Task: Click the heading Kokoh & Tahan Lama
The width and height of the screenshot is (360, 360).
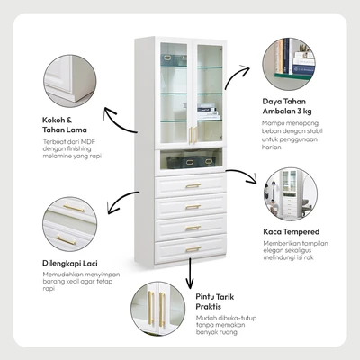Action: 65,125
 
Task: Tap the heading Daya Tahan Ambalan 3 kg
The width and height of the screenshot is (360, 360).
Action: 287,106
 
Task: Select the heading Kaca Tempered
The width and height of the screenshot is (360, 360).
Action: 292,231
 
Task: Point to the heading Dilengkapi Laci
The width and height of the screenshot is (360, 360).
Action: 70,264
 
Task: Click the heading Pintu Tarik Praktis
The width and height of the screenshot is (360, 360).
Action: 215,301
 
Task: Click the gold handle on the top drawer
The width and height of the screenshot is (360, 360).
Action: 193,186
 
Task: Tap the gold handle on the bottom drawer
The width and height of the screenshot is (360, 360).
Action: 193,249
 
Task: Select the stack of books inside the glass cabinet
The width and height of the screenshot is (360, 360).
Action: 207,112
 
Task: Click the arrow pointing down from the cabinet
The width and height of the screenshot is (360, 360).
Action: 190,273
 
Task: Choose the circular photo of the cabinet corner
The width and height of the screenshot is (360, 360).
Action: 70,81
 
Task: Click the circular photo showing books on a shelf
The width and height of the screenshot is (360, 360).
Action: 289,64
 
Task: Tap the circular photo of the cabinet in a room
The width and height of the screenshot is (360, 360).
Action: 291,194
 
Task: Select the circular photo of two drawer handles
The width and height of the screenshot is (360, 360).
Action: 70,224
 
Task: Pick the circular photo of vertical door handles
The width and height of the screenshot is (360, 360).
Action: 157,309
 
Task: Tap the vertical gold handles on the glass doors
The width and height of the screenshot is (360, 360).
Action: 193,135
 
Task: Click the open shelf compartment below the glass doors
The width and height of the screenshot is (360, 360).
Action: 191,159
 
